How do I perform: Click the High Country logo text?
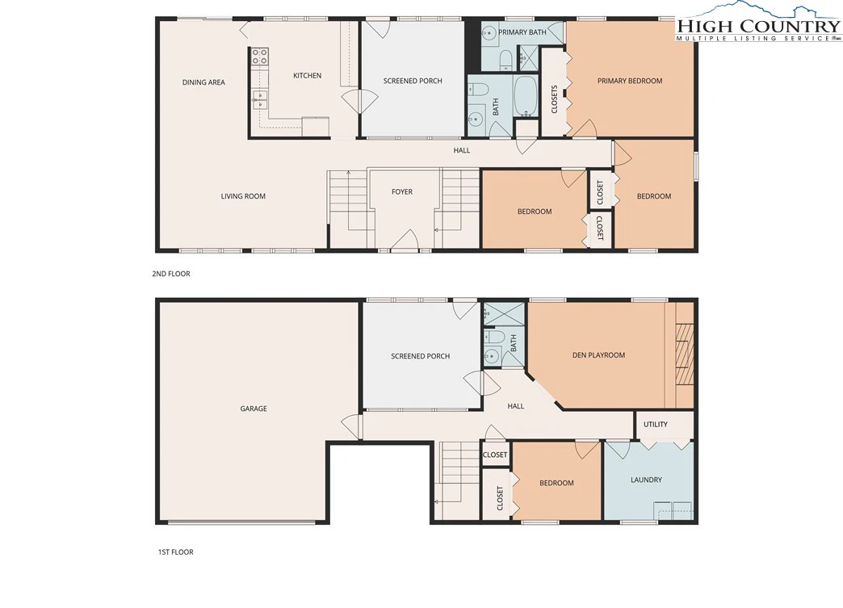758,25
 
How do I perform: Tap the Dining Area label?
203,82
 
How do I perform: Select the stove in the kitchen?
261,57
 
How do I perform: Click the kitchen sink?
261,99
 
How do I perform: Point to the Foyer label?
402,191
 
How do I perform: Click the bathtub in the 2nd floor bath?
526,96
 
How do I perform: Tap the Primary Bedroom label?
630,81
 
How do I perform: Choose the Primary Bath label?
522,32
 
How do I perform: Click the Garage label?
254,409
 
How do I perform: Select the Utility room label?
656,424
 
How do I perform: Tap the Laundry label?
646,480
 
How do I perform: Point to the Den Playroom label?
598,354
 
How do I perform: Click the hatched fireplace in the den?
685,354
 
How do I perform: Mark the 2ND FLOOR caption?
171,274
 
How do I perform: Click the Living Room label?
243,196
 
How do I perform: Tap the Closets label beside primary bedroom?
554,99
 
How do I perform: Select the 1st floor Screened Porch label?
421,356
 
